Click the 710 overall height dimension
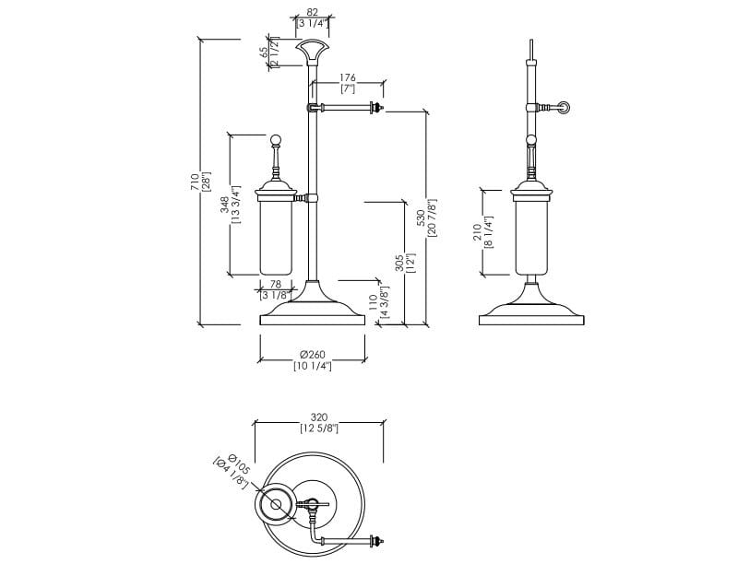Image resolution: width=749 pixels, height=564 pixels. click(195, 182)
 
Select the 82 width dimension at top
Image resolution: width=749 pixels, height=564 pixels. click(313, 12)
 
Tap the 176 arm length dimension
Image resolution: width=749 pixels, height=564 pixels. click(348, 78)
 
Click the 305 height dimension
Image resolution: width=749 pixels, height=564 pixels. click(399, 263)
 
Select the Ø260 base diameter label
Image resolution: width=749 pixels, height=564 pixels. click(313, 355)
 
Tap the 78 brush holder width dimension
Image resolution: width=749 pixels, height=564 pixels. click(274, 285)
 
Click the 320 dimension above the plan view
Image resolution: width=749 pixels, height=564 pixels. click(319, 417)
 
